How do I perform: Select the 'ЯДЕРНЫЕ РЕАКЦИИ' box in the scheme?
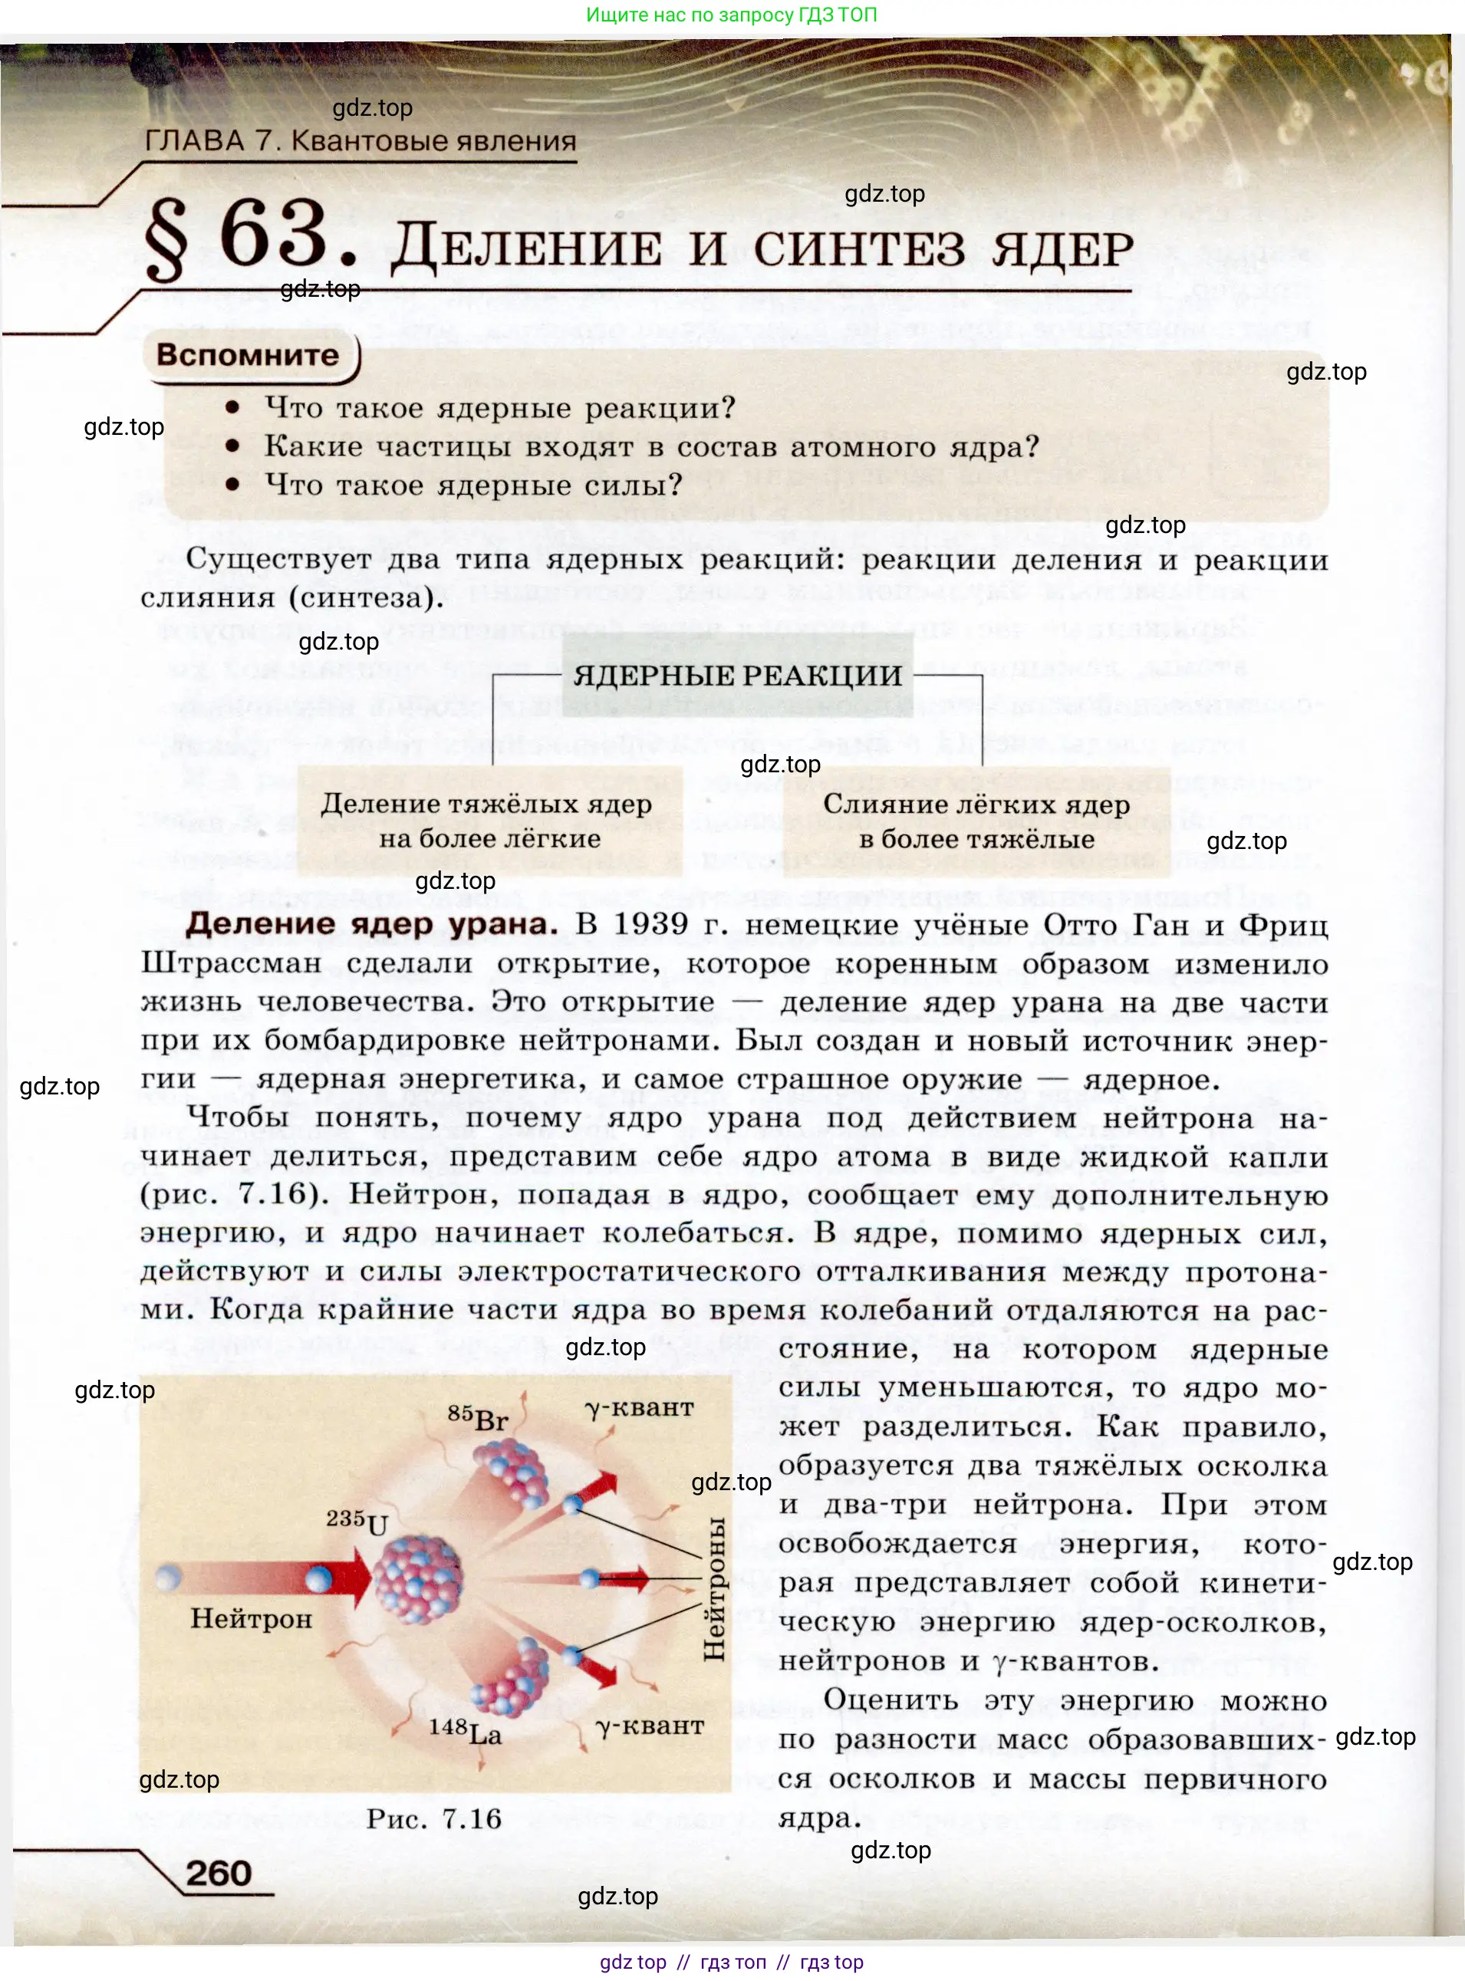coord(737,676)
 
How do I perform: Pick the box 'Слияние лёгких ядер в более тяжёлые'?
coord(976,821)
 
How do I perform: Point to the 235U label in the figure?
coord(357,1522)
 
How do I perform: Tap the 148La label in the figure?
coord(465,1731)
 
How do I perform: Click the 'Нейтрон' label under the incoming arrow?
coord(251,1619)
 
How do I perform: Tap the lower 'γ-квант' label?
coord(650,1726)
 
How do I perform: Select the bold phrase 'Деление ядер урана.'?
coord(371,924)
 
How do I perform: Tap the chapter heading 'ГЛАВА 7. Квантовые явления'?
coord(360,141)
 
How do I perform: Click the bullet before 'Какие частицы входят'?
coord(233,446)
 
